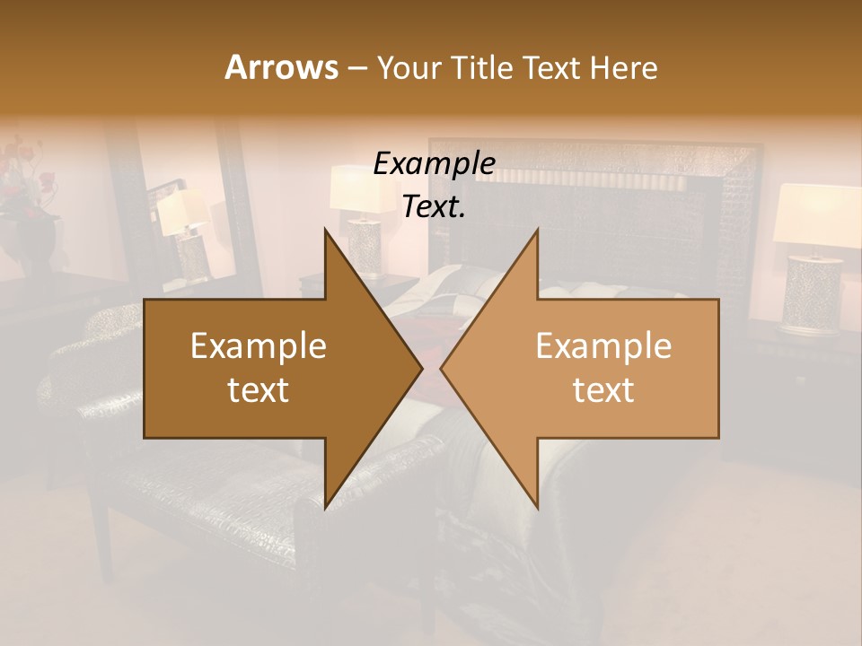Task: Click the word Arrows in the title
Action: [281, 67]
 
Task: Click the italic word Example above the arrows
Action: [434, 164]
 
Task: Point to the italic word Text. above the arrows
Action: [434, 207]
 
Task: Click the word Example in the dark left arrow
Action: [259, 346]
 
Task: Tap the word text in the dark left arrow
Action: [259, 389]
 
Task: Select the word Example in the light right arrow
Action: [603, 346]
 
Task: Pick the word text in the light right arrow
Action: [603, 389]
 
